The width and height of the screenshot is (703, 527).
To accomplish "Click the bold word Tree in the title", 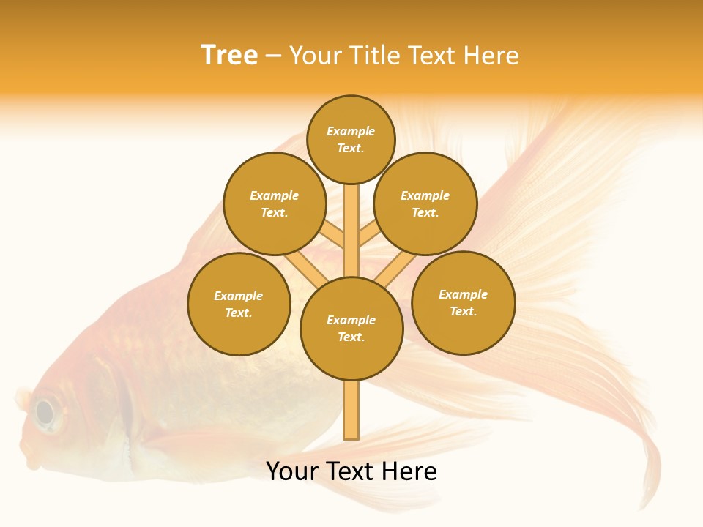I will coord(229,56).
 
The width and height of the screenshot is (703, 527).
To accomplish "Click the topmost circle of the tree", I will coord(351,139).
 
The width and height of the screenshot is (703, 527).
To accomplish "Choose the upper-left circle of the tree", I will coord(275,203).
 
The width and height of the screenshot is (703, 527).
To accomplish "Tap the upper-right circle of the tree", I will coord(425,203).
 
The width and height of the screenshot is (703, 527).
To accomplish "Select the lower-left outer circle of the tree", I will coord(239,304).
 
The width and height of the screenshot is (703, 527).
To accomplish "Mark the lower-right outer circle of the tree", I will coord(464,302).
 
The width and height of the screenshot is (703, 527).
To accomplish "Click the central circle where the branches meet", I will coord(351,329).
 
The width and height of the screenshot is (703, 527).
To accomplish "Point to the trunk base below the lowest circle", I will coord(351,410).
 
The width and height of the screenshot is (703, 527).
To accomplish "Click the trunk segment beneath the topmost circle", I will coord(351,220).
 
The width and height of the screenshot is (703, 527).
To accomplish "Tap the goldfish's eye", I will coord(45,413).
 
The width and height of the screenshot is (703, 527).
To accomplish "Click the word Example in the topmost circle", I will coord(351,131).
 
